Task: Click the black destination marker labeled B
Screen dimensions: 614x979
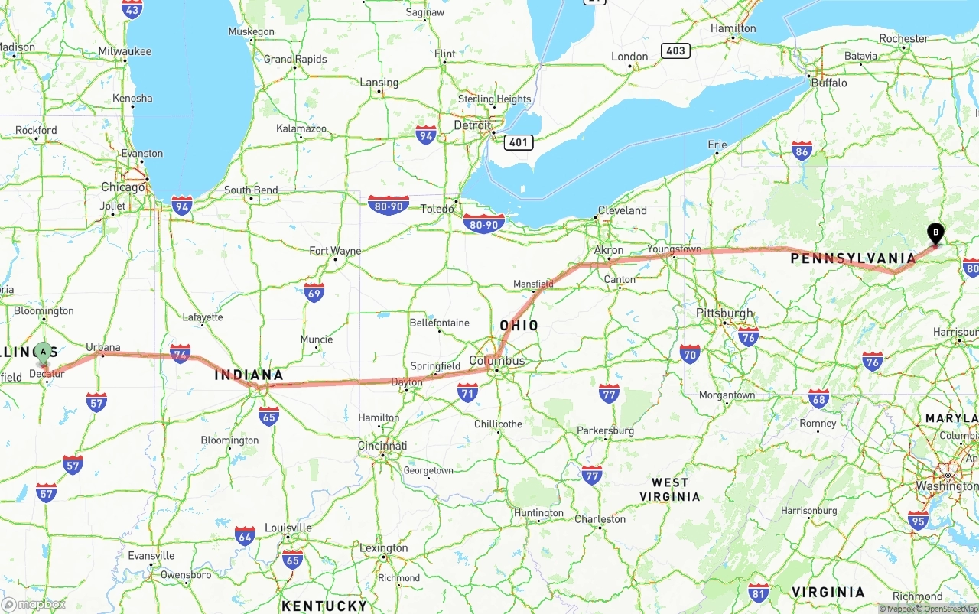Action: (x=935, y=232)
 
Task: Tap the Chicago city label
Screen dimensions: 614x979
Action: (x=123, y=187)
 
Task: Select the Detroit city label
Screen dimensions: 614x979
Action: (x=472, y=125)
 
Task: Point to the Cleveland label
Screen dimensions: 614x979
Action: (x=622, y=210)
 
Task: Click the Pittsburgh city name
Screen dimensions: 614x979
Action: (x=724, y=313)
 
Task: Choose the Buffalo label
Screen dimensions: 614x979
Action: (x=829, y=83)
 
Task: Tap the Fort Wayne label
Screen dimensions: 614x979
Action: (x=335, y=251)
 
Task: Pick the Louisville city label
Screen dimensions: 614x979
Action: (x=288, y=528)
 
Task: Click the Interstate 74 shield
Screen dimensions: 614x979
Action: (x=181, y=353)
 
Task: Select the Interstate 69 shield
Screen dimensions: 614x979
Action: (x=314, y=292)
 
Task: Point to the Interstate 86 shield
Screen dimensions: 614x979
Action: (x=802, y=151)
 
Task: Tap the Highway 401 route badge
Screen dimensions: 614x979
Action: (x=518, y=141)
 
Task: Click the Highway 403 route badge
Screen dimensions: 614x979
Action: (x=676, y=50)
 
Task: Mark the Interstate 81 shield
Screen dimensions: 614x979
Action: (x=759, y=592)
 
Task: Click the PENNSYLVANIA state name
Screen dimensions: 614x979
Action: (x=853, y=258)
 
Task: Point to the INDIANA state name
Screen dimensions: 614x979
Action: (x=249, y=375)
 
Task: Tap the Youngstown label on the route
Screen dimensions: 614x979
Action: (x=674, y=249)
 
